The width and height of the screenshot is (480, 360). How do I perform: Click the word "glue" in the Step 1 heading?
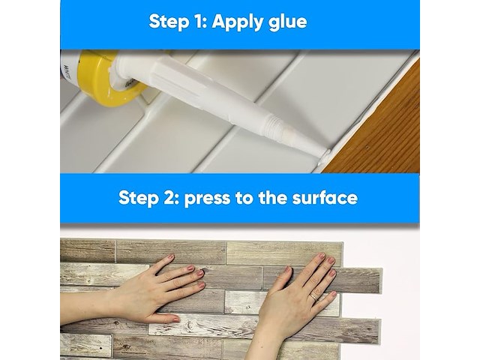(287, 22)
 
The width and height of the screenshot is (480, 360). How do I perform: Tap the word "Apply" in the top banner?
(238, 22)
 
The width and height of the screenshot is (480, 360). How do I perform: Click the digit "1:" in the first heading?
(200, 22)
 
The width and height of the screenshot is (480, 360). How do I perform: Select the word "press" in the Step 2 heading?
(207, 199)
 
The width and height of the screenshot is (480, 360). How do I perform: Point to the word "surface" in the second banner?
(325, 197)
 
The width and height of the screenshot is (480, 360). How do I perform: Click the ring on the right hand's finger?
(314, 297)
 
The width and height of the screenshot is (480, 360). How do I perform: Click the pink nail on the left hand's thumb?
(175, 319)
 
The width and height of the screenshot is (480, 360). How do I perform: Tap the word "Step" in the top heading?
(168, 22)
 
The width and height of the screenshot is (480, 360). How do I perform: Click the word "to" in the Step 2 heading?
(244, 198)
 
